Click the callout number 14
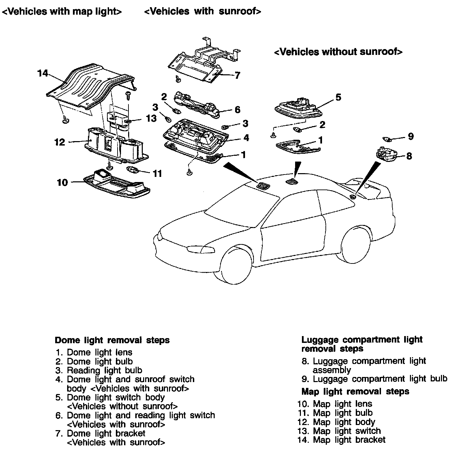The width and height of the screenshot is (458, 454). click(43, 73)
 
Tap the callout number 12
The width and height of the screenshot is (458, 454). click(60, 142)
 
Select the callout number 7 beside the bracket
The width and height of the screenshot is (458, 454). click(238, 75)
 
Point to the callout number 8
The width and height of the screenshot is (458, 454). click(409, 156)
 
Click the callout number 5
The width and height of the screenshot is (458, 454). click(338, 97)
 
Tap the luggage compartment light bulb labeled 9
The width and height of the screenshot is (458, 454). click(387, 139)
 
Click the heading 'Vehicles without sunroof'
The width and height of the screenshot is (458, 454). click(338, 52)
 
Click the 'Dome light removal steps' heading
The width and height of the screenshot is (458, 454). click(112, 340)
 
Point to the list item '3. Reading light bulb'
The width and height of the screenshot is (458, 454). click(99, 370)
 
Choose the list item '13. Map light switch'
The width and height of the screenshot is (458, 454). click(339, 431)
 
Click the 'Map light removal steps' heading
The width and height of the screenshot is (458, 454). click(355, 391)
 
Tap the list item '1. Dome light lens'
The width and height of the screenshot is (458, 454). click(94, 352)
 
